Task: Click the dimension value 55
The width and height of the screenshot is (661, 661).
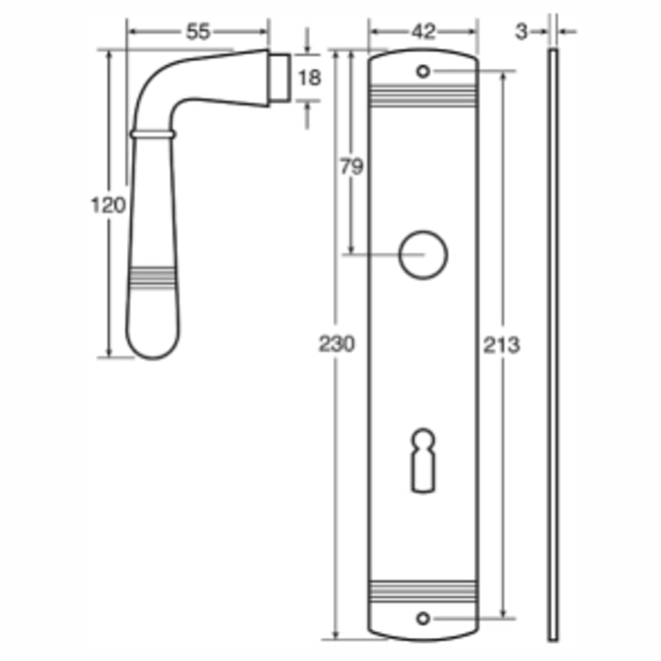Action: click(197, 31)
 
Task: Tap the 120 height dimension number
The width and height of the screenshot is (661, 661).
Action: click(109, 205)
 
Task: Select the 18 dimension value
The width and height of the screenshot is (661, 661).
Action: click(309, 78)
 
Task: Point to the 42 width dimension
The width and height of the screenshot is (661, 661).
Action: click(423, 31)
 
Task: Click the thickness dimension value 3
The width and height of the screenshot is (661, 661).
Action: click(521, 31)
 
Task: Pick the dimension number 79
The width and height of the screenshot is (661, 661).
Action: click(352, 167)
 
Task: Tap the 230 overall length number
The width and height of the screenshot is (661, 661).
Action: click(337, 344)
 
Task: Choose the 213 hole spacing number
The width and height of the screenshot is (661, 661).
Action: click(502, 345)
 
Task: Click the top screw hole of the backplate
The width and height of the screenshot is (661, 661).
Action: click(423, 71)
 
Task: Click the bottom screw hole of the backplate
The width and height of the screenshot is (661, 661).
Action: click(423, 619)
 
